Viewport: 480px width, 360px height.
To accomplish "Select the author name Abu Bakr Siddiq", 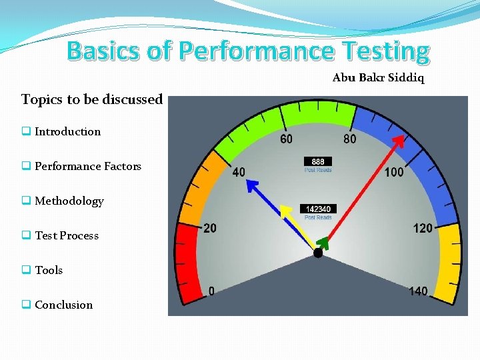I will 378,78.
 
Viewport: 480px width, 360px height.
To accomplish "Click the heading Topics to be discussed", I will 92,99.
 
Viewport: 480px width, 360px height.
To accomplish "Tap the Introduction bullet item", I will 67,131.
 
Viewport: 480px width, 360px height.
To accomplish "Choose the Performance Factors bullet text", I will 87,166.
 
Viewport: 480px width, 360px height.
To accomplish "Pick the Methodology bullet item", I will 69,201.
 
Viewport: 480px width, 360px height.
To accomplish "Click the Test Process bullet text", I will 66,235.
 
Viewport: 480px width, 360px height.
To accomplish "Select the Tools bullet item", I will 49,270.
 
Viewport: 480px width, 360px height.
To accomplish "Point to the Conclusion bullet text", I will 63,305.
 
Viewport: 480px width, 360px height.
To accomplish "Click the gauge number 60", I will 285,139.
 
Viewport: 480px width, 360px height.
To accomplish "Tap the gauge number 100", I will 394,172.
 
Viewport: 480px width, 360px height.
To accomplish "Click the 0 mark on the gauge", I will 211,291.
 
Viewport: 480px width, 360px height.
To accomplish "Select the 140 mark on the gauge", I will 418,291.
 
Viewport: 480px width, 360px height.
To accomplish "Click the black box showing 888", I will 317,161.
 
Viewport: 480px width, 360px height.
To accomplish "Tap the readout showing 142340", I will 318,209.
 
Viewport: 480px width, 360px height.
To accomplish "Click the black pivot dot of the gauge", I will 318,253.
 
